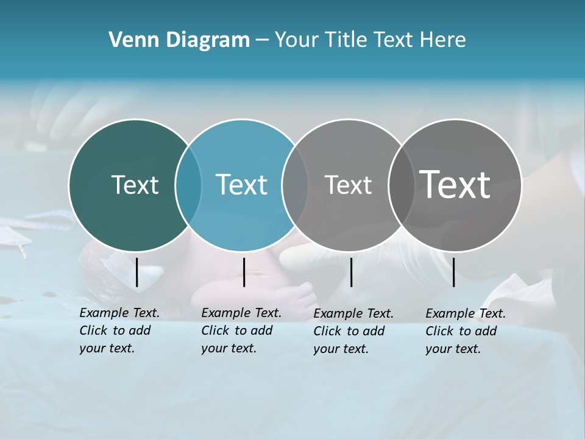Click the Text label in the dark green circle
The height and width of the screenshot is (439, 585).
(x=135, y=185)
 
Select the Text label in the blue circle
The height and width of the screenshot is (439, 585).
(x=241, y=185)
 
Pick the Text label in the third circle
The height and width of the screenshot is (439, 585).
(x=348, y=185)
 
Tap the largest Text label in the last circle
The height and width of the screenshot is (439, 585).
(x=455, y=184)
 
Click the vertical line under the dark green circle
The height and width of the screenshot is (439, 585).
(x=136, y=272)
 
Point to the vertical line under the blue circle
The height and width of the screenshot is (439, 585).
(x=244, y=272)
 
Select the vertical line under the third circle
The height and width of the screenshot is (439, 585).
(x=351, y=272)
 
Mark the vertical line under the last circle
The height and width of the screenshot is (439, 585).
(x=453, y=272)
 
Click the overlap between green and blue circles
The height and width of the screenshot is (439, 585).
(x=188, y=185)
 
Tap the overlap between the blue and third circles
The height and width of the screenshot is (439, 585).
(x=295, y=185)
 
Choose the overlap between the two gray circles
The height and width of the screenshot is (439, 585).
(x=400, y=185)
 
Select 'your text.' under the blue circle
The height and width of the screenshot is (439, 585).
(x=229, y=349)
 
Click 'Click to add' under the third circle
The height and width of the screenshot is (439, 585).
(x=349, y=331)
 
